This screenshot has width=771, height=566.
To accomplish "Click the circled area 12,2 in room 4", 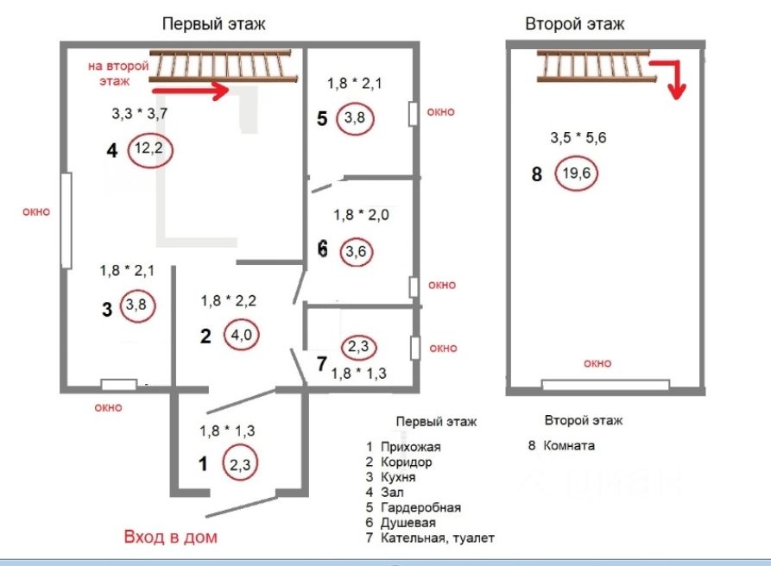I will click(150, 151).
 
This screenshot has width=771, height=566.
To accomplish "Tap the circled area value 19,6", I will click(576, 173).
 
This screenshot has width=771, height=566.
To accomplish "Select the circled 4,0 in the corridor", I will click(241, 334).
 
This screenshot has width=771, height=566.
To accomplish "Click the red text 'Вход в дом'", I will click(171, 537).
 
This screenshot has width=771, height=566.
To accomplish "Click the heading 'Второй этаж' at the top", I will click(575, 24).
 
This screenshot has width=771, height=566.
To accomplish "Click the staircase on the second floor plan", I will click(591, 66).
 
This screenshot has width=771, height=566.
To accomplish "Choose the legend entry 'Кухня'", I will click(398, 477).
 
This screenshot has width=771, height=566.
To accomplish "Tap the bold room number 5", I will click(322, 118).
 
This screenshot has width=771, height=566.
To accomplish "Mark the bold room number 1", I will click(204, 464).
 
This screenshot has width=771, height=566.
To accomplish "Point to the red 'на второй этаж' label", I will click(118, 73).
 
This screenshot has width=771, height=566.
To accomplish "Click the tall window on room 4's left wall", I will click(66, 219).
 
